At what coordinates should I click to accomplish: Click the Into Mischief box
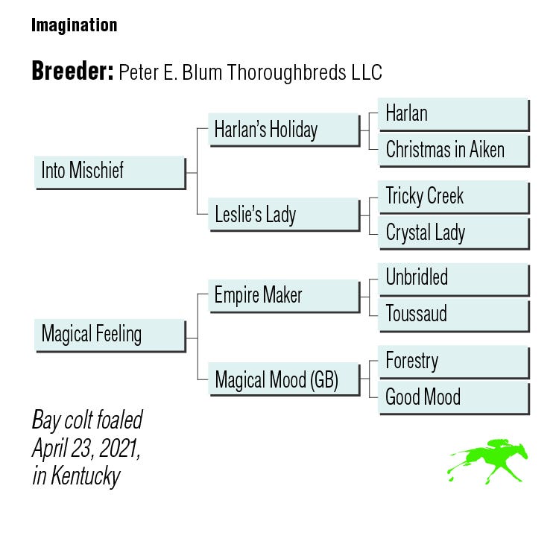110,171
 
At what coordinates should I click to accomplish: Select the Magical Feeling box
110,335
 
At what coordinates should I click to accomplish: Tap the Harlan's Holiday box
283,130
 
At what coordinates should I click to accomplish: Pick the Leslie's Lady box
283,215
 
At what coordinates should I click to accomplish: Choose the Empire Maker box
283,295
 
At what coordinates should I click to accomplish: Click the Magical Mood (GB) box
283,380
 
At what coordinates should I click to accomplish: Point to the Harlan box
453,114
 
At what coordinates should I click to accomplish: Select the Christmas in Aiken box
453,150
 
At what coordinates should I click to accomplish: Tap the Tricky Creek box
453,197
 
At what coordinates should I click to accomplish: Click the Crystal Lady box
453,233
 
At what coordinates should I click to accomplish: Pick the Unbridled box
453,278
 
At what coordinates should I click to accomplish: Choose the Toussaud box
453,314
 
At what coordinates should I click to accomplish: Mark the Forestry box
453,361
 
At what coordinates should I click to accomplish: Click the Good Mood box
453,397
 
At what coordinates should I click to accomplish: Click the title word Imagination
74,25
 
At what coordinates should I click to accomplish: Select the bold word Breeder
72,72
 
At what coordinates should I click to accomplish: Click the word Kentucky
86,476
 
